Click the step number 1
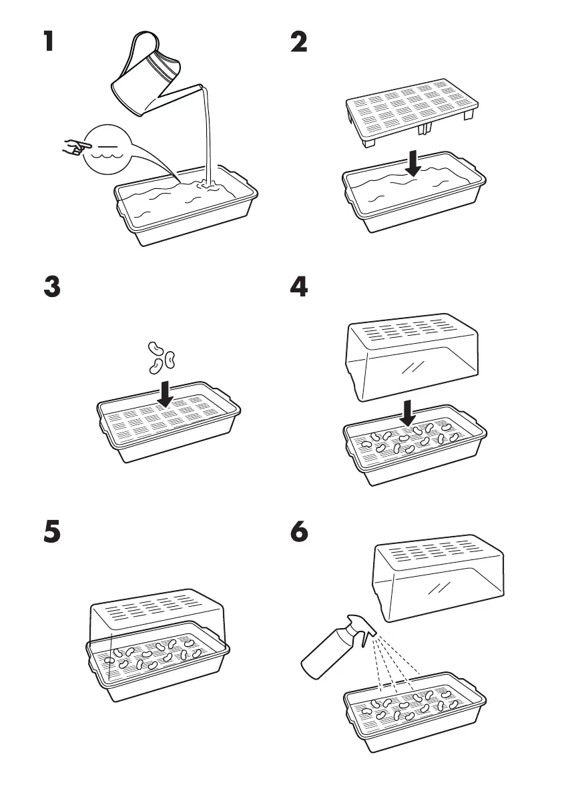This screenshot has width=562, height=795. click(x=47, y=43)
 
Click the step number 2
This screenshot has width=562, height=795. click(x=299, y=43)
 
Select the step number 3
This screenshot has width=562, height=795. click(x=51, y=287)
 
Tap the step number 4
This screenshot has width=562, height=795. click(x=299, y=287)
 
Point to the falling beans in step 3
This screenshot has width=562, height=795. click(x=161, y=355)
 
